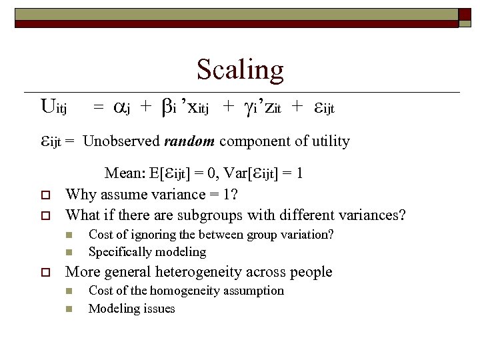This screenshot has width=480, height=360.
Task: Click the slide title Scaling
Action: pos(240,69)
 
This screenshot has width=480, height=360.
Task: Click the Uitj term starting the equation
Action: pos(53,107)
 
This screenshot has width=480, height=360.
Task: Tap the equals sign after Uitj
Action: pos(98,107)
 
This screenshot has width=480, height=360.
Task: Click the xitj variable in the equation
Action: pos(195,107)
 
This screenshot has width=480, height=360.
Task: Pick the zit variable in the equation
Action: pos(271,107)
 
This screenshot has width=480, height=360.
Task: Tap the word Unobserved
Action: pos(122,141)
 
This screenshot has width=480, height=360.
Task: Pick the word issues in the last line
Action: pos(159,308)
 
